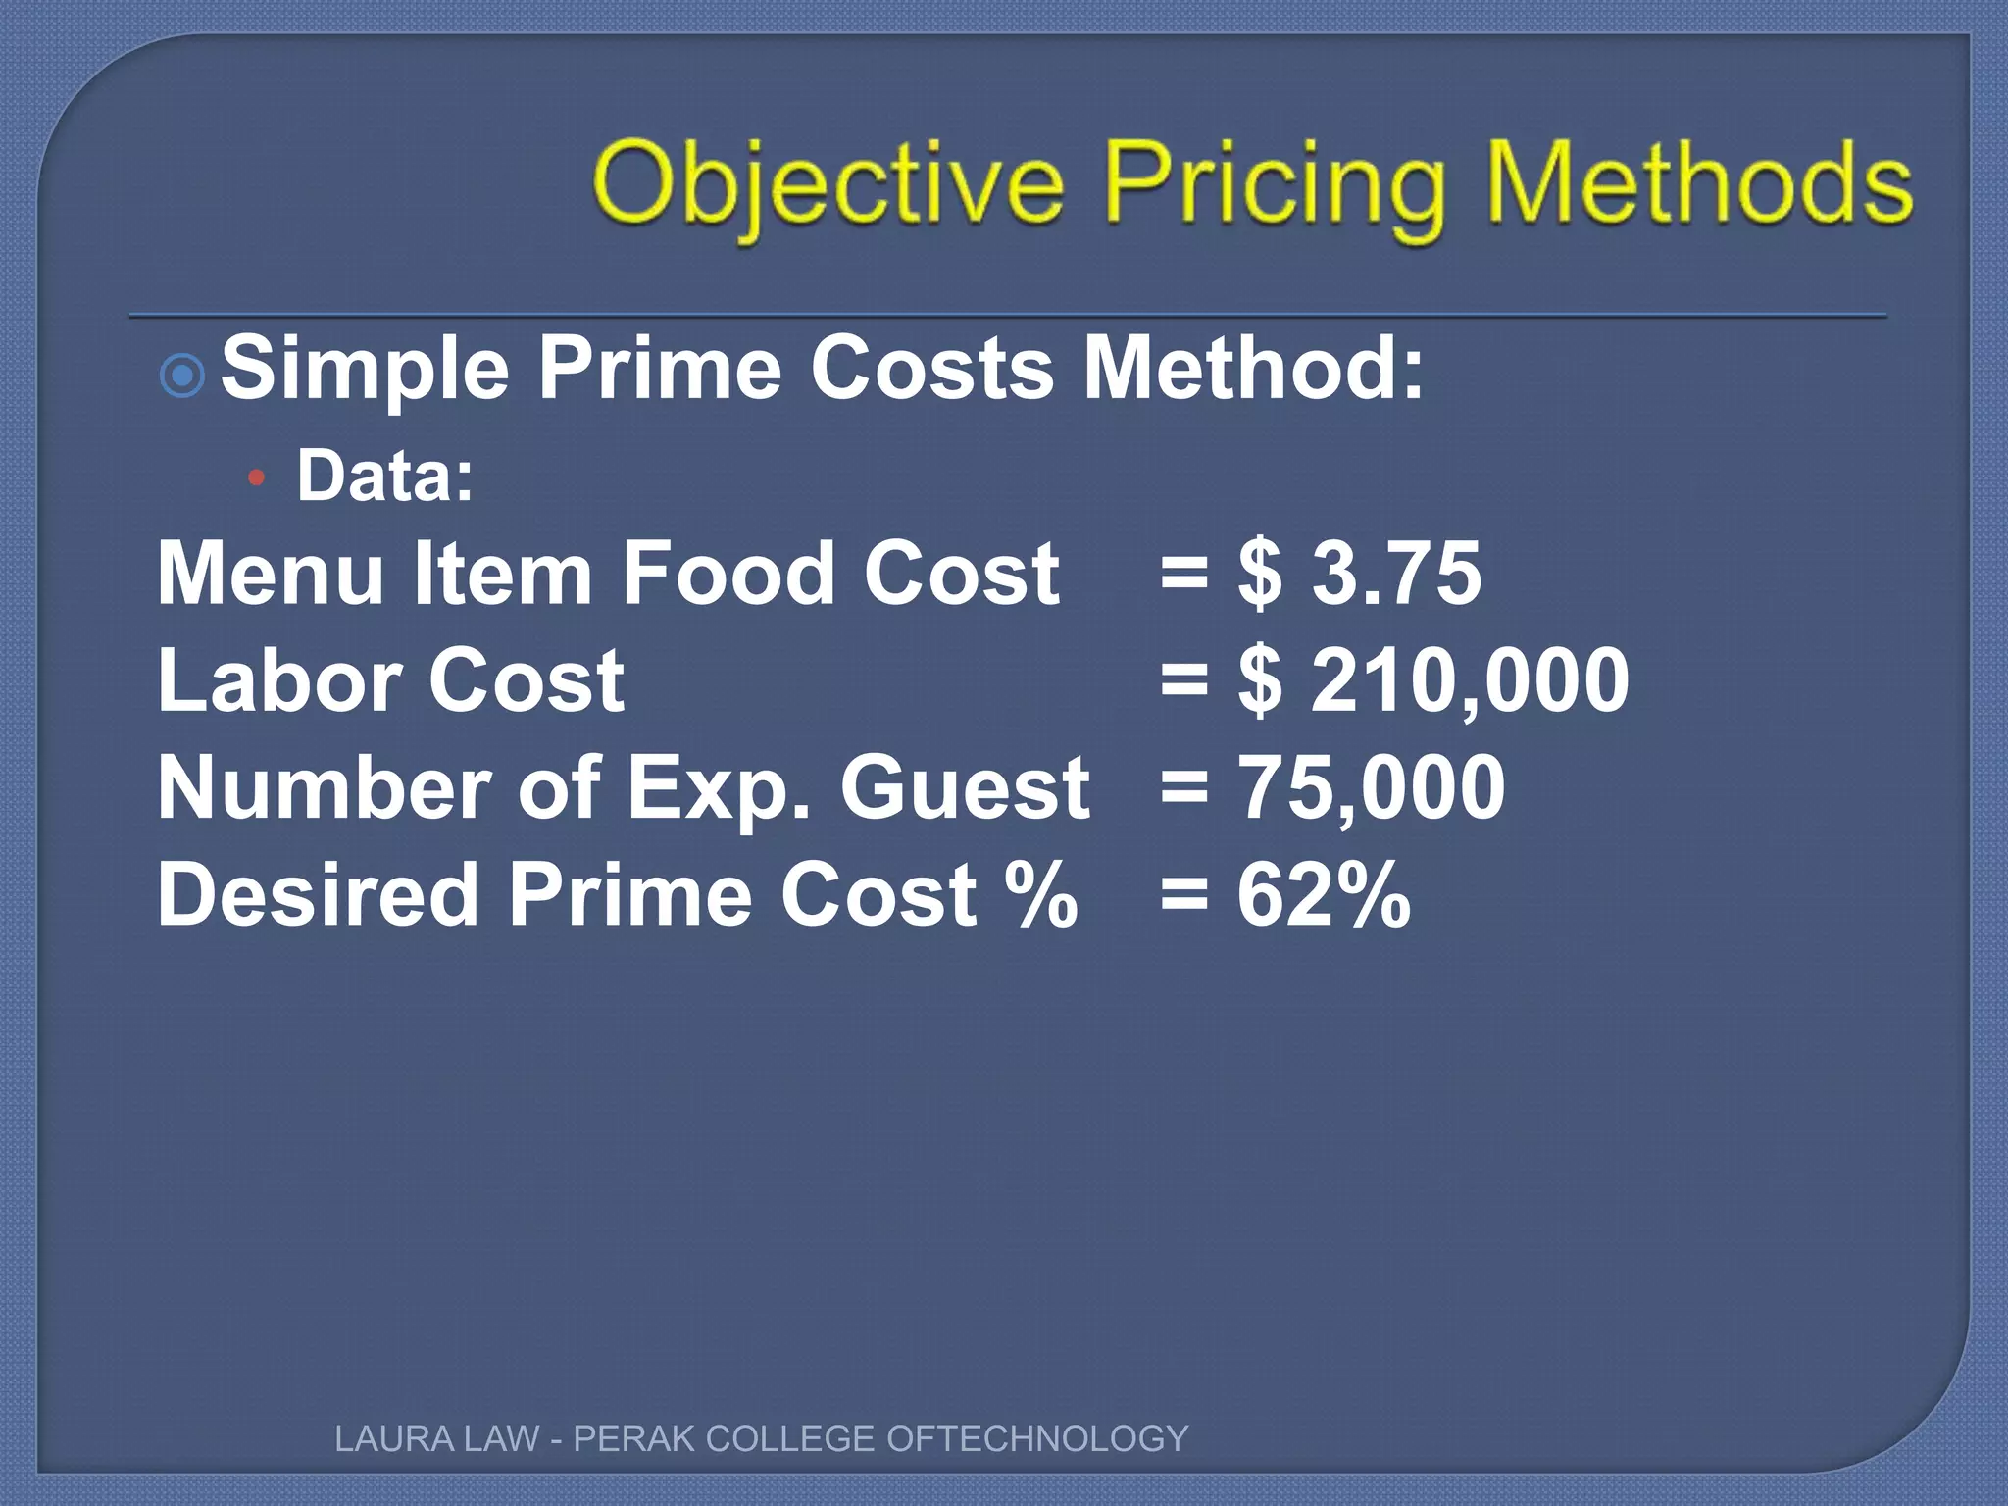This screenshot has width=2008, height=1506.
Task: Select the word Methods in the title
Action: point(1699,182)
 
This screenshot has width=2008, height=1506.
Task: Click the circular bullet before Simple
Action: point(181,374)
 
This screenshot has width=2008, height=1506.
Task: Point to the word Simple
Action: point(365,369)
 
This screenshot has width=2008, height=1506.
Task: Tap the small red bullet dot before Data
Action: point(257,478)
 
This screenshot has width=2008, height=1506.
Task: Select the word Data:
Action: point(385,476)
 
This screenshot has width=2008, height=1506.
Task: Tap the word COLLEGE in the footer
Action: point(789,1438)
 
